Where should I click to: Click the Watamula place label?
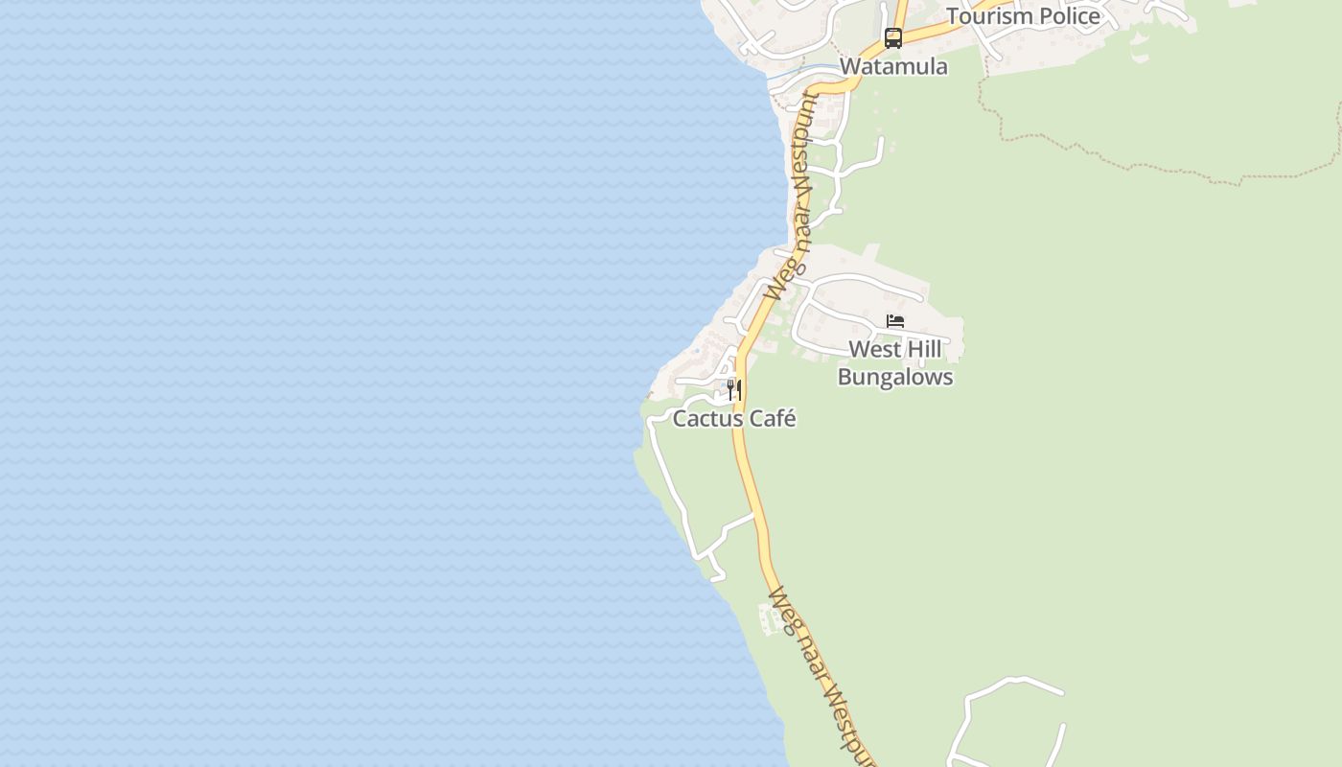tap(893, 66)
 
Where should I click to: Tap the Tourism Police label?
tap(1023, 15)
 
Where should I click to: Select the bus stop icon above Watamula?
tap(893, 38)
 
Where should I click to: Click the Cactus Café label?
tap(734, 418)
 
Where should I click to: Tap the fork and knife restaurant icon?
tap(733, 389)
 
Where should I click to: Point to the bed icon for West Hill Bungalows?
tap(895, 321)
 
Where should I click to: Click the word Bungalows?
tap(895, 377)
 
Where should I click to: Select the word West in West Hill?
tap(874, 350)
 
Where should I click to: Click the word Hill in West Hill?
tap(923, 350)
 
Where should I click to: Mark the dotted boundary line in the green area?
tap(1150, 163)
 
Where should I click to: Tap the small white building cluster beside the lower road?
tap(769, 619)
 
